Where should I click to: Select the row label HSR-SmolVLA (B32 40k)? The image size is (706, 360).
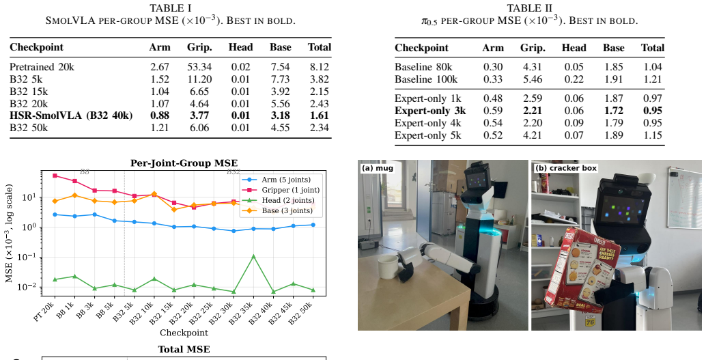tap(71, 115)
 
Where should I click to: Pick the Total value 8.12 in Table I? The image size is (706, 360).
tap(320, 67)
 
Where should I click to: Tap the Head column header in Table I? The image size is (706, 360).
tap(241, 47)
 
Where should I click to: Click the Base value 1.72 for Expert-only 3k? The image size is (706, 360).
tap(614, 111)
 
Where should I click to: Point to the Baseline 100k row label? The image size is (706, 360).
tap(426, 79)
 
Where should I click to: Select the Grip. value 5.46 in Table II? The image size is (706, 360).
tap(533, 79)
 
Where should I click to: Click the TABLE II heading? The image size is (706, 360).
tap(530, 8)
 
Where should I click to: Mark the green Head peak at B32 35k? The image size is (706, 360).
tap(253, 256)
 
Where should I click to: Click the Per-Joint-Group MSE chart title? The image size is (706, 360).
tap(184, 163)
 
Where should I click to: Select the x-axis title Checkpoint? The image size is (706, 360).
tap(184, 333)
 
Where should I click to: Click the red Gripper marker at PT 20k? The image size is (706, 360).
tap(55, 176)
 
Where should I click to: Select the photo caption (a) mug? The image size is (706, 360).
tap(378, 168)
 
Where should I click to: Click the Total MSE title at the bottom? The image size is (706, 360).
tap(184, 349)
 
